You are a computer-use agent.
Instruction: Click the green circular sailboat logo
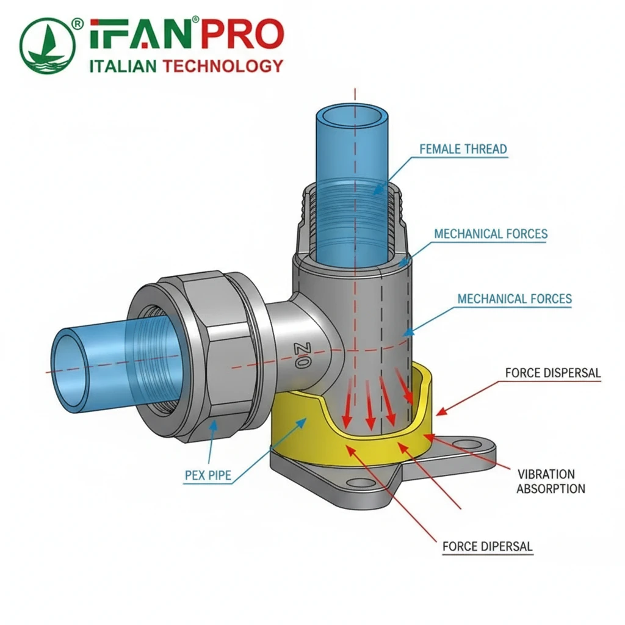(48, 45)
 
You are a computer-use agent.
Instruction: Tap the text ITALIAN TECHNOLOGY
(186, 66)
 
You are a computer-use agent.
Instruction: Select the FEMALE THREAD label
(463, 148)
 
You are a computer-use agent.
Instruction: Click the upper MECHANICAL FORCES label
(491, 234)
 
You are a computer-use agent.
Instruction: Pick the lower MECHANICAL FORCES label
(515, 298)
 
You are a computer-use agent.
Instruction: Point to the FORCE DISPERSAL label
(553, 372)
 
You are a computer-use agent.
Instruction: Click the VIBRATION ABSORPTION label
(551, 481)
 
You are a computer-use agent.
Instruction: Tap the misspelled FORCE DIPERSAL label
(487, 546)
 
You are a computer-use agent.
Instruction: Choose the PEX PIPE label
(208, 475)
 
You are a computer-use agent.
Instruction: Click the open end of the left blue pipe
(68, 369)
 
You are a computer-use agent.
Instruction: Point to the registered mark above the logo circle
(78, 23)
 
